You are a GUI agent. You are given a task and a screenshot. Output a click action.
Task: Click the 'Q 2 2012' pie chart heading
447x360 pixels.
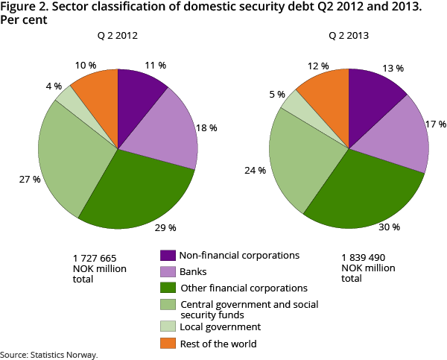117,35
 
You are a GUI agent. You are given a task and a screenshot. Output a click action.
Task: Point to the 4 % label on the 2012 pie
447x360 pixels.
54,86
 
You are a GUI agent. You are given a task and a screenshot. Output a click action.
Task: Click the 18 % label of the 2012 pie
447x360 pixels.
207,128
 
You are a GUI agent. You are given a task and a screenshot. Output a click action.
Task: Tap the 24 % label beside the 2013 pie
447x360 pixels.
256,171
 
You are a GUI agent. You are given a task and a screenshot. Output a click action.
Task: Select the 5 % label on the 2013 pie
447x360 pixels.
277,95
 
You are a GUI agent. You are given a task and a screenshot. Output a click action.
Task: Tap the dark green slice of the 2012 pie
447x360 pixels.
142,186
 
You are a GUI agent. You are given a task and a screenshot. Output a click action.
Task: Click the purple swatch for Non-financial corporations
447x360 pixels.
168,255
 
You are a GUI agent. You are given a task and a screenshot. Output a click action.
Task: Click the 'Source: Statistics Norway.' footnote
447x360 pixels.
49,355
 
